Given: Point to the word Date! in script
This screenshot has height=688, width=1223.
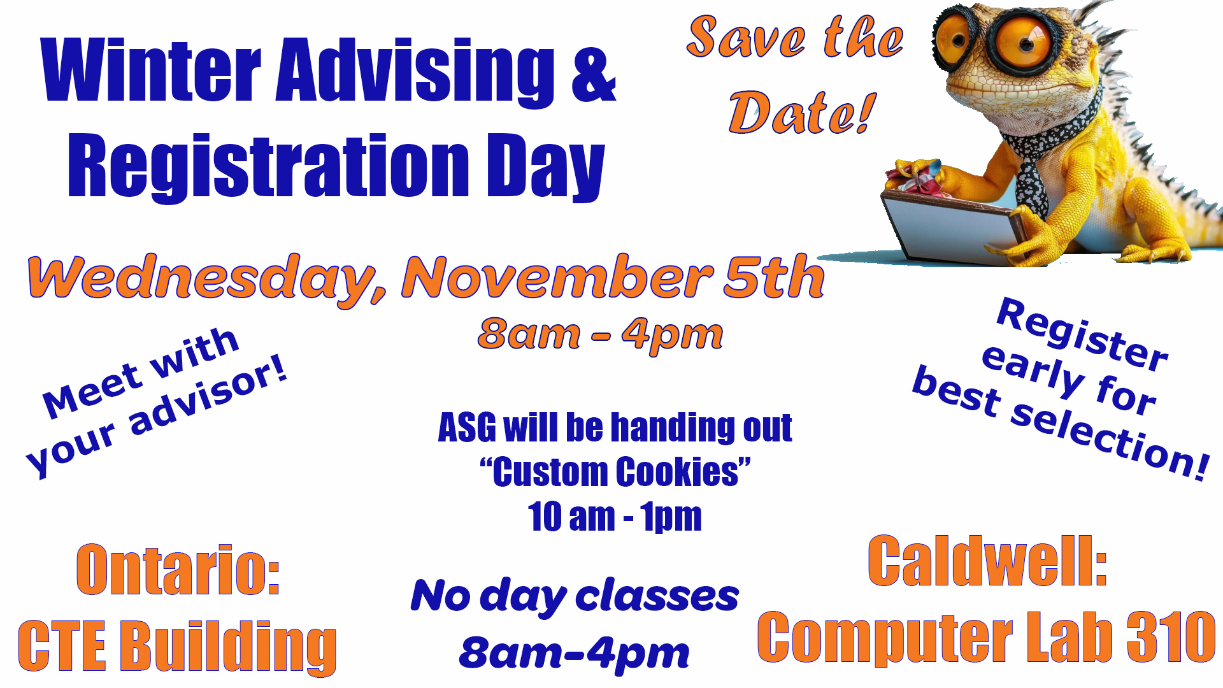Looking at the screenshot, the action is click(x=802, y=113).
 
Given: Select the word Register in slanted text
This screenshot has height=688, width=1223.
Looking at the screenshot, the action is click(x=1083, y=334).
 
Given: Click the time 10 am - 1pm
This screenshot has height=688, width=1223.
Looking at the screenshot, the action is click(x=615, y=517).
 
